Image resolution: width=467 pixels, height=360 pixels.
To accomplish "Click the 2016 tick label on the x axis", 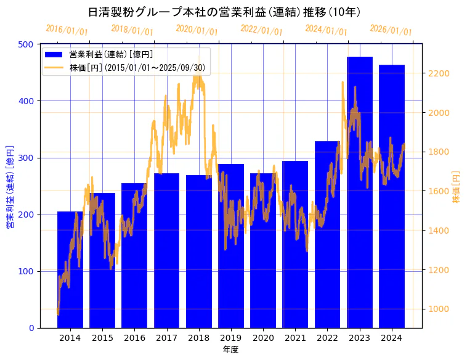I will coord(134,338).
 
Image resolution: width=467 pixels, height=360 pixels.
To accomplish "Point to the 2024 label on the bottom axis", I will coord(392,338).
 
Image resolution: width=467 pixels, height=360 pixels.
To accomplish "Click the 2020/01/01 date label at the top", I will coord(197,30).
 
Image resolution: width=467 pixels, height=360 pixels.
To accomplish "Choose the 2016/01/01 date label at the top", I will coord(67,30).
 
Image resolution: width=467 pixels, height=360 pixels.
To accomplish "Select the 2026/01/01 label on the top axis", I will coord(391,30).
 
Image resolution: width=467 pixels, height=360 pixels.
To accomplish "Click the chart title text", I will coord(224,12).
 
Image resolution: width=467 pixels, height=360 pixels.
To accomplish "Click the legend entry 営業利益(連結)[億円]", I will coord(111,54).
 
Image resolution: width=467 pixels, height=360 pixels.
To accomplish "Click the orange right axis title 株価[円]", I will coord(457,187).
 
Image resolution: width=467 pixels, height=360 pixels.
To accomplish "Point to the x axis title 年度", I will coord(230,350).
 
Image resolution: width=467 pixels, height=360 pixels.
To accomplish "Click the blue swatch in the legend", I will coord(54,54).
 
